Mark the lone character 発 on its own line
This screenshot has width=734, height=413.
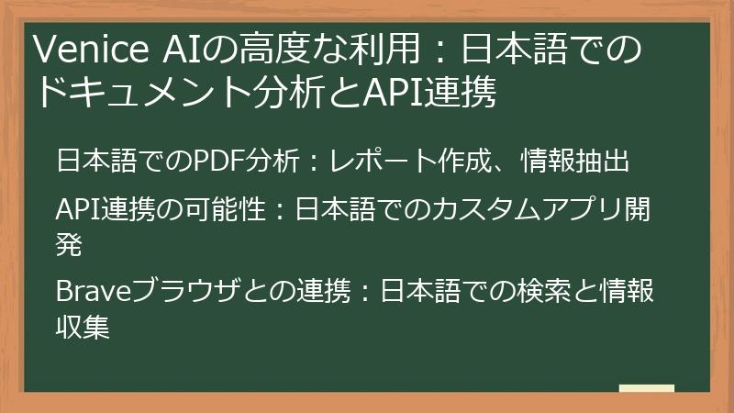pos(70,245)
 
